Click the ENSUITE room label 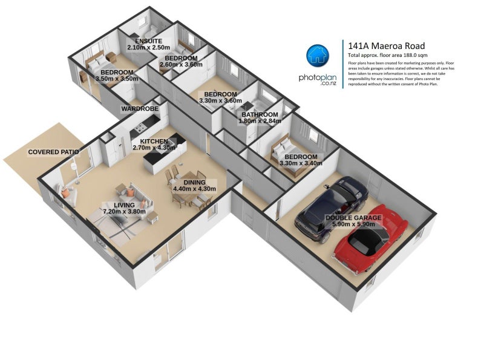[148, 41]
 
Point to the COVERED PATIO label [53, 152]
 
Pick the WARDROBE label [140, 109]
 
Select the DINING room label [194, 182]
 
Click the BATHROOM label [260, 114]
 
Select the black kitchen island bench [159, 151]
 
